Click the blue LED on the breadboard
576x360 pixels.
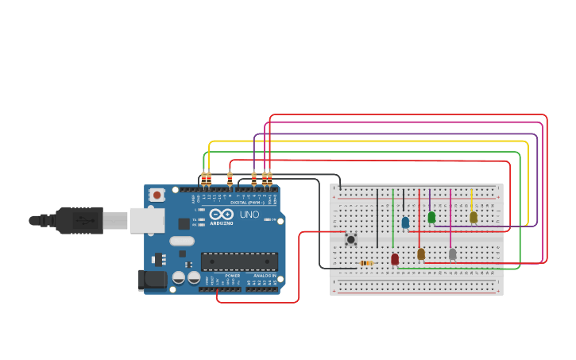point(405,223)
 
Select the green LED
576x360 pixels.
point(431,217)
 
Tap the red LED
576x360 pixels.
point(395,259)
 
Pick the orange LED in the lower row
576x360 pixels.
point(421,254)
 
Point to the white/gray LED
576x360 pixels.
point(452,254)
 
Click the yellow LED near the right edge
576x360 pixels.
point(474,217)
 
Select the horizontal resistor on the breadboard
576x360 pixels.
point(366,263)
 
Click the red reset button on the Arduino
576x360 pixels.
point(157,195)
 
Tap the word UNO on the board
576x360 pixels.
point(249,215)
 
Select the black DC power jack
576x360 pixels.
point(153,280)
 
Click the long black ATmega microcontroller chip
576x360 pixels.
point(239,261)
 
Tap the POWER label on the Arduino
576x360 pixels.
point(232,276)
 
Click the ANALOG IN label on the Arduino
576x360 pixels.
point(265,276)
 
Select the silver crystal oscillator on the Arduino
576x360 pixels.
point(182,241)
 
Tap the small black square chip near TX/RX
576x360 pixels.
point(184,224)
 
